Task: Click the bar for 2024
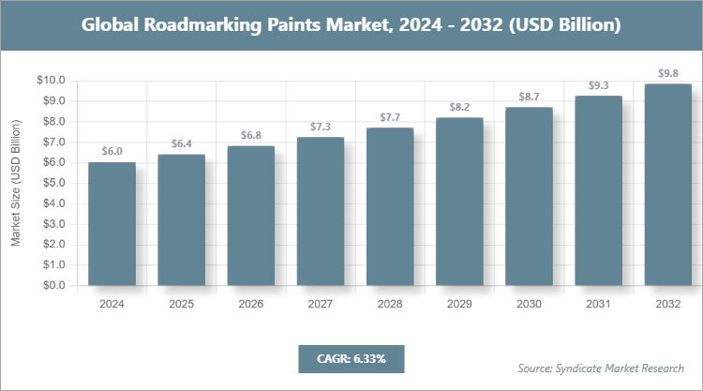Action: (112, 224)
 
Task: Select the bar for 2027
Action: (321, 211)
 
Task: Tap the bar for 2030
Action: (529, 196)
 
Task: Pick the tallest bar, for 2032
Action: (668, 185)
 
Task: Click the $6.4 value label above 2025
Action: (181, 143)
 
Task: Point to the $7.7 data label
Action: (390, 117)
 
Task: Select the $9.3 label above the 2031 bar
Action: (598, 85)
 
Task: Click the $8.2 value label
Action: (459, 107)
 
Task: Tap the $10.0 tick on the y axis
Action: (50, 81)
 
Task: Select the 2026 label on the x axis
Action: (251, 305)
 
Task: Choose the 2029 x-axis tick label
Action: (459, 305)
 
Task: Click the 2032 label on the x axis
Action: (668, 305)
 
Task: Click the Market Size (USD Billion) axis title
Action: (16, 184)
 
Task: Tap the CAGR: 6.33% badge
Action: (351, 358)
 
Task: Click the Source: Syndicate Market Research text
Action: (601, 368)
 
